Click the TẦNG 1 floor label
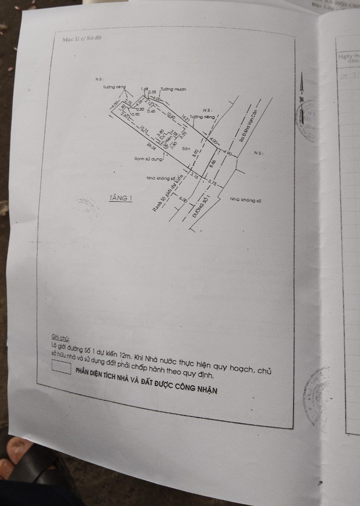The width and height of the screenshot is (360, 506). click(x=120, y=198)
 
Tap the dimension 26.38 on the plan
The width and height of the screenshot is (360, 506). click(x=151, y=147)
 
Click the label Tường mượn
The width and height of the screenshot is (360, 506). click(x=174, y=90)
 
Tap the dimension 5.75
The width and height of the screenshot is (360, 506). click(x=212, y=182)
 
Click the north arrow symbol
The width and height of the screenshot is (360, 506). click(x=301, y=88)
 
